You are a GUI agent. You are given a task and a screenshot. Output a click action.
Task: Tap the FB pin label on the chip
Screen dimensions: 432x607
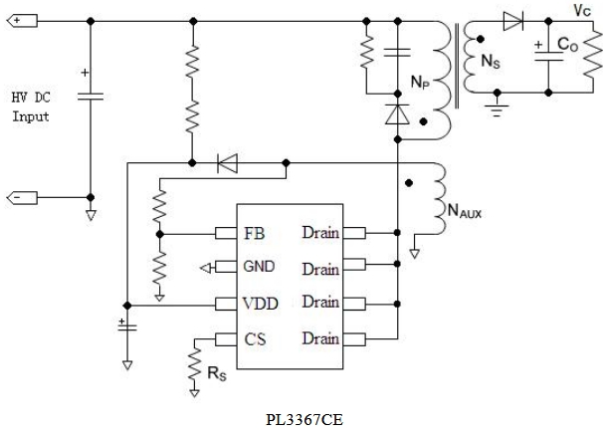coord(255,234)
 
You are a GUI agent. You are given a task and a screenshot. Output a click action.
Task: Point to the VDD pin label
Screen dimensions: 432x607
coord(259,302)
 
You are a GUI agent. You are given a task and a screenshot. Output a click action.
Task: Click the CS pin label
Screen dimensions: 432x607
coord(254,338)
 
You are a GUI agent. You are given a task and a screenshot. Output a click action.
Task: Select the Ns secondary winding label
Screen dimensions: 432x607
coord(491,61)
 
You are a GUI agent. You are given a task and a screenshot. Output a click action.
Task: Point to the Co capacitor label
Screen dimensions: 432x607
coord(567,45)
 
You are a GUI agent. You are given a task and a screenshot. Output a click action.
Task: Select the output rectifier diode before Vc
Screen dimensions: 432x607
coord(511,20)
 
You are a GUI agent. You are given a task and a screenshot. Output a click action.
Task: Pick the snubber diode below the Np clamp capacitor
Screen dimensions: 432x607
coord(397,114)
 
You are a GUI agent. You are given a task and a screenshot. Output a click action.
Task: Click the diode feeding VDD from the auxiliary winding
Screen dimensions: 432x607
coord(227,161)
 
